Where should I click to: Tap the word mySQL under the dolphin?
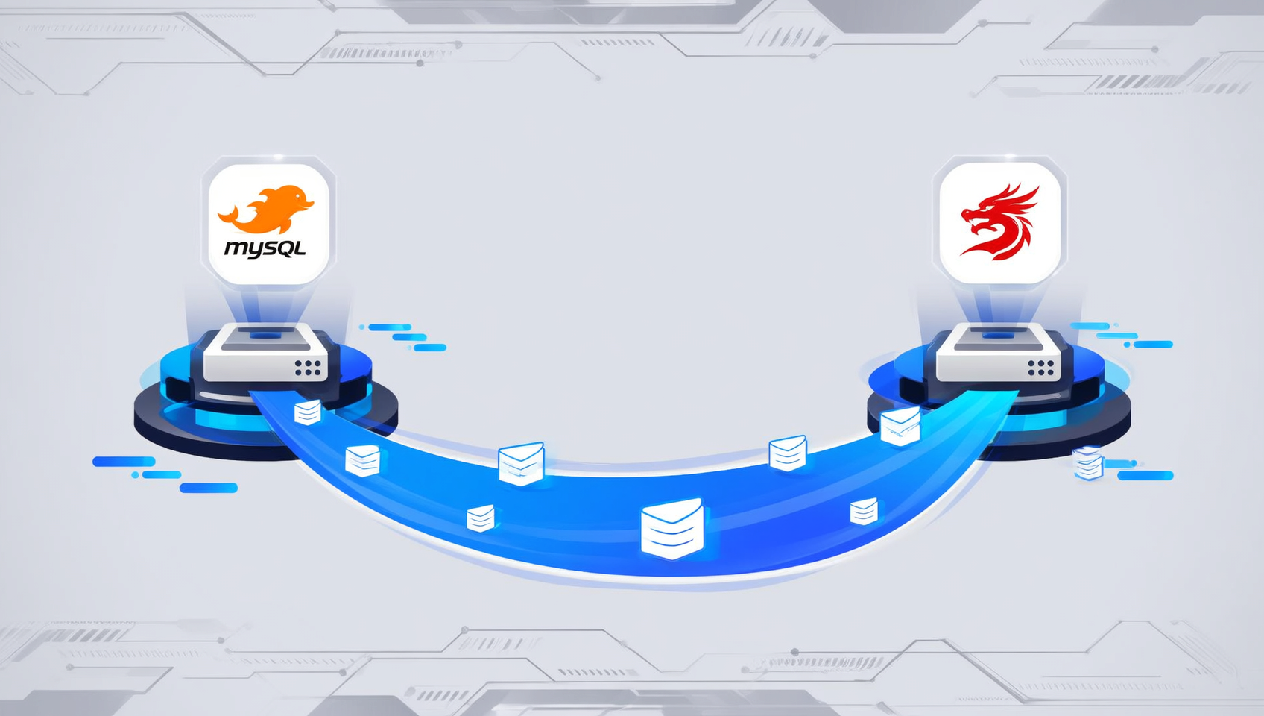[x=265, y=248]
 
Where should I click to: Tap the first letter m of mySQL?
[x=233, y=249]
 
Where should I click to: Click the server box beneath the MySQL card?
[x=265, y=352]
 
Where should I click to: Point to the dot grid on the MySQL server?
[x=308, y=368]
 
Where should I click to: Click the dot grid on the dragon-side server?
[x=1040, y=368]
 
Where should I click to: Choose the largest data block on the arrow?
[x=672, y=529]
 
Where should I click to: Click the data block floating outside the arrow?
[x=1089, y=463]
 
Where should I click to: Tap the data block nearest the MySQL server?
[x=308, y=412]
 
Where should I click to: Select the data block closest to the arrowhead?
[x=900, y=427]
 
